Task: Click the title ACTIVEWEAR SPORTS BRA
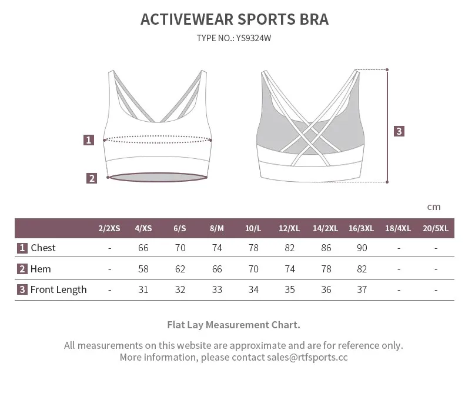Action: [234, 19]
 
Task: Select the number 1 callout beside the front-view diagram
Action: [89, 140]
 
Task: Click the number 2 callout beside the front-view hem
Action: [91, 178]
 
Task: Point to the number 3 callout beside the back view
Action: [399, 131]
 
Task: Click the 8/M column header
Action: [216, 228]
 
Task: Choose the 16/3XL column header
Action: [361, 228]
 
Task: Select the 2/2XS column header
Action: [109, 228]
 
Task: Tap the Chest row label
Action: [43, 248]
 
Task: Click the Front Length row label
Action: [58, 289]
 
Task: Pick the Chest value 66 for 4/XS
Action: [143, 248]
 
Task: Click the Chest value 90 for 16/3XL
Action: [362, 248]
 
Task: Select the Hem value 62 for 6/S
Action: [180, 269]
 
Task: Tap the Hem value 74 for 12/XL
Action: [289, 269]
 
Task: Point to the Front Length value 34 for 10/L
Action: [253, 289]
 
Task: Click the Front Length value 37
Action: [362, 289]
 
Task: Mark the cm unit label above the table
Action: [434, 206]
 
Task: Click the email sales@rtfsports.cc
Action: [307, 357]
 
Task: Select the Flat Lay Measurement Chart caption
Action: [233, 325]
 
